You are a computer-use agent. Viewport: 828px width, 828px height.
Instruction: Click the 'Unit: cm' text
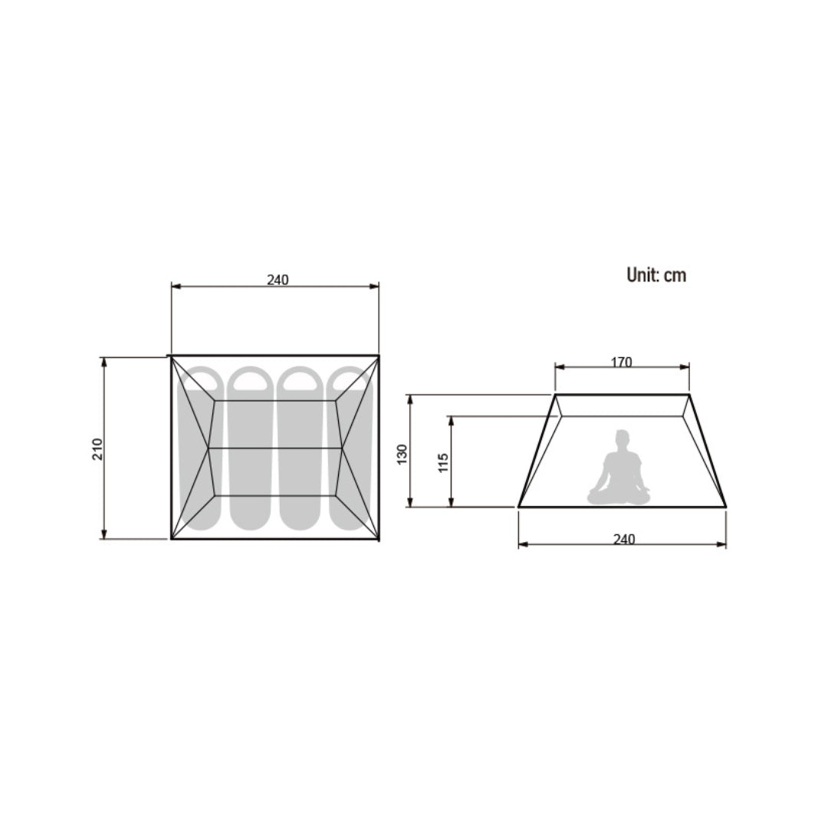tap(656, 275)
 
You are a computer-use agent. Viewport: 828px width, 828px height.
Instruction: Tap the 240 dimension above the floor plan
tap(278, 280)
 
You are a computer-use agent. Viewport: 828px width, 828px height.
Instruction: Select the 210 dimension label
tap(97, 449)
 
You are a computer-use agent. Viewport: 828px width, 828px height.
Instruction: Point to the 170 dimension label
tap(622, 362)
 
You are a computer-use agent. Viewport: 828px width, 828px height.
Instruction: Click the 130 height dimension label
tap(402, 454)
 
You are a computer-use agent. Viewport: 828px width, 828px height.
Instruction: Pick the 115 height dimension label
tap(443, 462)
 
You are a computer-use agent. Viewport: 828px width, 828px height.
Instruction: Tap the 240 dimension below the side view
tap(624, 539)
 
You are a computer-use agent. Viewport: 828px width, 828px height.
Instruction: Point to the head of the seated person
tap(621, 439)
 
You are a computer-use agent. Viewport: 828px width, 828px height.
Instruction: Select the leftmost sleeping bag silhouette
tap(196, 449)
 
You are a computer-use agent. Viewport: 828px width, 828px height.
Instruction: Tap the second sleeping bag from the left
tap(247, 449)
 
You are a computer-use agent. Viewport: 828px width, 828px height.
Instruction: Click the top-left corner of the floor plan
tap(172, 356)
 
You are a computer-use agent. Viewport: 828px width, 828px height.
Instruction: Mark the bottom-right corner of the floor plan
tap(379, 539)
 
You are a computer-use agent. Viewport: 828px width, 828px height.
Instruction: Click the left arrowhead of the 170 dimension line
tap(558, 367)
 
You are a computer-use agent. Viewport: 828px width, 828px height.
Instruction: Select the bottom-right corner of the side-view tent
tap(725, 507)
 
